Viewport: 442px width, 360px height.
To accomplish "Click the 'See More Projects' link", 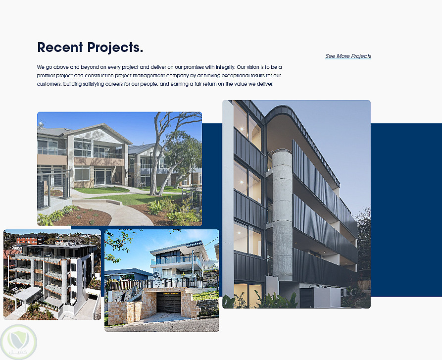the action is click(x=348, y=56).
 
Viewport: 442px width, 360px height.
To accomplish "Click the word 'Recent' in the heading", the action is click(x=60, y=47).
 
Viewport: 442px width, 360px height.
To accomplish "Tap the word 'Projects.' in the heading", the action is click(x=115, y=48).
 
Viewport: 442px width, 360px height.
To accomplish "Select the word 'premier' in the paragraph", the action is click(x=46, y=76).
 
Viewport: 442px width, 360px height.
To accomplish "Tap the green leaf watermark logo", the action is click(x=19, y=342).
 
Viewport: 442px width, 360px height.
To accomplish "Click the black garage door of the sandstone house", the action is click(x=168, y=303).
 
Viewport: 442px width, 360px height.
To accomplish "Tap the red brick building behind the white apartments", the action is click(x=28, y=240).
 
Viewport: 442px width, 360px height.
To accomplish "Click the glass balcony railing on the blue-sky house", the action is click(x=175, y=261).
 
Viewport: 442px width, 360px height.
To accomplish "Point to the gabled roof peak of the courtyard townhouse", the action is click(x=105, y=124).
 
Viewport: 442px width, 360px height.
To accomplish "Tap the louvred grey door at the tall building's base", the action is click(x=306, y=298).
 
